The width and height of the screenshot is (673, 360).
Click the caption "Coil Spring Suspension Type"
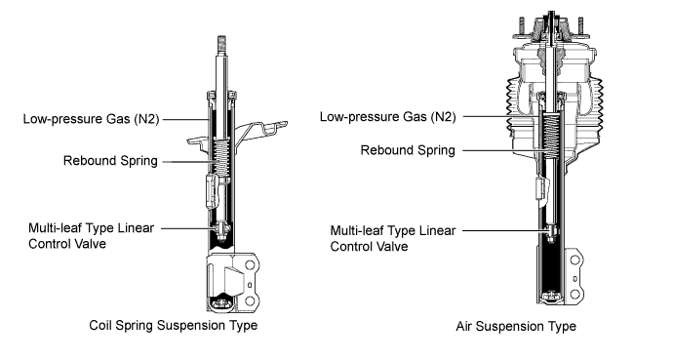(173, 325)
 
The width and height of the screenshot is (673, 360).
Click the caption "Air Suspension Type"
(516, 327)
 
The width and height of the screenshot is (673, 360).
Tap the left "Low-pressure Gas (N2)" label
(91, 119)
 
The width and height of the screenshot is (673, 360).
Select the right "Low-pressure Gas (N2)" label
(387, 117)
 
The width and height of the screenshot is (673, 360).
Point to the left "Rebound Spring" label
(110, 161)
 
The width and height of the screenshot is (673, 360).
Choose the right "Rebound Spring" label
(408, 150)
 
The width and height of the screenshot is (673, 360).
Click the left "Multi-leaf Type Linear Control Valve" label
(91, 236)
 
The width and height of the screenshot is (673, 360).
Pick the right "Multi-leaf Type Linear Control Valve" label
(393, 239)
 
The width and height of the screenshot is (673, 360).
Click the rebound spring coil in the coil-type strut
(221, 156)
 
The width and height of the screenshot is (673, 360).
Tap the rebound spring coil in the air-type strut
(551, 132)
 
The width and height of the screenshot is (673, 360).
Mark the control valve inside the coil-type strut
(221, 231)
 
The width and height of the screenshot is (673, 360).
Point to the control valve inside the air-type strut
(551, 233)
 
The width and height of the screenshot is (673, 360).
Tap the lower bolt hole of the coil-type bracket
(250, 300)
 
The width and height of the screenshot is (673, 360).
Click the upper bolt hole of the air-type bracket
(574, 260)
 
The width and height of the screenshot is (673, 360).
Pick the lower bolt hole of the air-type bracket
(574, 294)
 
